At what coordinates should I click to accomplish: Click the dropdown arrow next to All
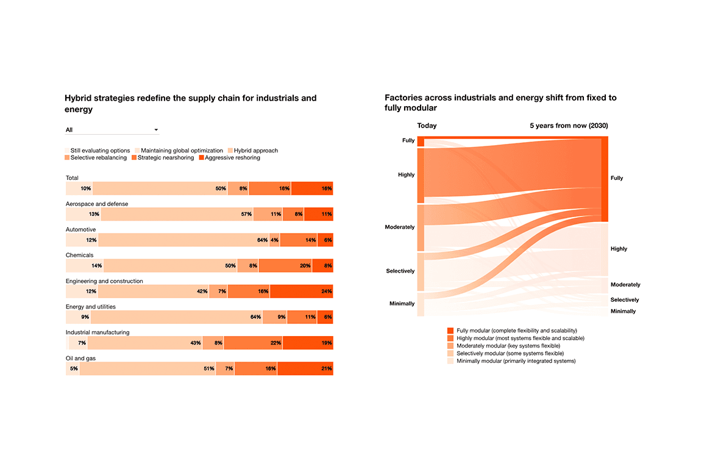(x=156, y=130)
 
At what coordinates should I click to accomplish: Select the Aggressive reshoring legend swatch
(x=202, y=158)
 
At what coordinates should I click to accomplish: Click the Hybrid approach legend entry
(x=255, y=151)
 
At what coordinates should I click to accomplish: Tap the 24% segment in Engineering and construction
(x=301, y=291)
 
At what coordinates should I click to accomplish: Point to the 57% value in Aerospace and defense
(x=246, y=215)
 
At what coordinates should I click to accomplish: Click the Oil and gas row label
(x=80, y=359)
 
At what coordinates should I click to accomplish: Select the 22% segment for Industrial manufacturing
(x=253, y=343)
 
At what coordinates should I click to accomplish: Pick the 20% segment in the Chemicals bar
(x=285, y=266)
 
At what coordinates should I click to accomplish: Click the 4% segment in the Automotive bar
(x=274, y=240)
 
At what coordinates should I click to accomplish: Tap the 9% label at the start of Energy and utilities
(x=85, y=317)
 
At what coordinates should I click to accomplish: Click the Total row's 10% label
(x=86, y=189)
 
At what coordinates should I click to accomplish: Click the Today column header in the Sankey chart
(x=427, y=126)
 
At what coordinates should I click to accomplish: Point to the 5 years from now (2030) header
(x=568, y=126)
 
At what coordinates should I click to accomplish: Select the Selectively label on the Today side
(x=400, y=271)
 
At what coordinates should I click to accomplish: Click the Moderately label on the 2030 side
(x=625, y=285)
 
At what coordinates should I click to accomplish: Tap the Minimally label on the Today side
(x=402, y=304)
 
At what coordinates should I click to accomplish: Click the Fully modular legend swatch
(x=450, y=331)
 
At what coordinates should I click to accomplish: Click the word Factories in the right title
(x=403, y=98)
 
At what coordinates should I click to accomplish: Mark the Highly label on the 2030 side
(x=619, y=249)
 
